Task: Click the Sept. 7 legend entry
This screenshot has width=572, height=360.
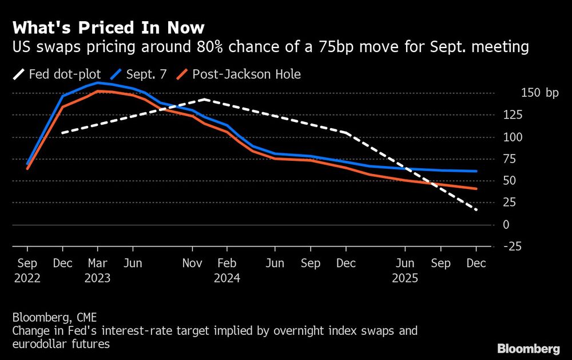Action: click(140, 74)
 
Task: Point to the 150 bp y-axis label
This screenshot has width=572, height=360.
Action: click(540, 93)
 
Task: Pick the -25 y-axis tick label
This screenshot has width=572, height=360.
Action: click(512, 247)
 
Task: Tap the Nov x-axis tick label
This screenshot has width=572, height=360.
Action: click(192, 264)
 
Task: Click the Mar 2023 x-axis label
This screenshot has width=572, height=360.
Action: click(97, 271)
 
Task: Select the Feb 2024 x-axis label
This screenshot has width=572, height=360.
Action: click(227, 271)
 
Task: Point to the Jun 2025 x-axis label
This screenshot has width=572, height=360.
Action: click(405, 271)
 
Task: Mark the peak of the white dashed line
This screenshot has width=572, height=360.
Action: click(204, 100)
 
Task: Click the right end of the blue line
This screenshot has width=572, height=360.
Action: click(476, 171)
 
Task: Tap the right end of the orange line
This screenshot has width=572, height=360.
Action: click(476, 188)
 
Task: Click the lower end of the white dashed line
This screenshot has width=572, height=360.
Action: click(476, 210)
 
